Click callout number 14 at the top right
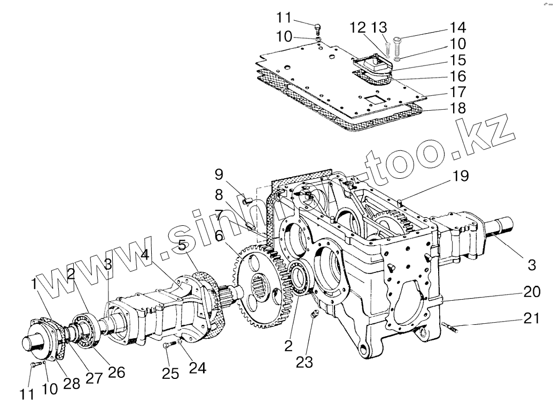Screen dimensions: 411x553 (x=458, y=27)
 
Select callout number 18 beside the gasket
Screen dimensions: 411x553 (x=458, y=108)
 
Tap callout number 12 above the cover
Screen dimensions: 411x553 (x=359, y=27)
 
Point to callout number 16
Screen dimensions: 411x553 (x=458, y=76)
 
